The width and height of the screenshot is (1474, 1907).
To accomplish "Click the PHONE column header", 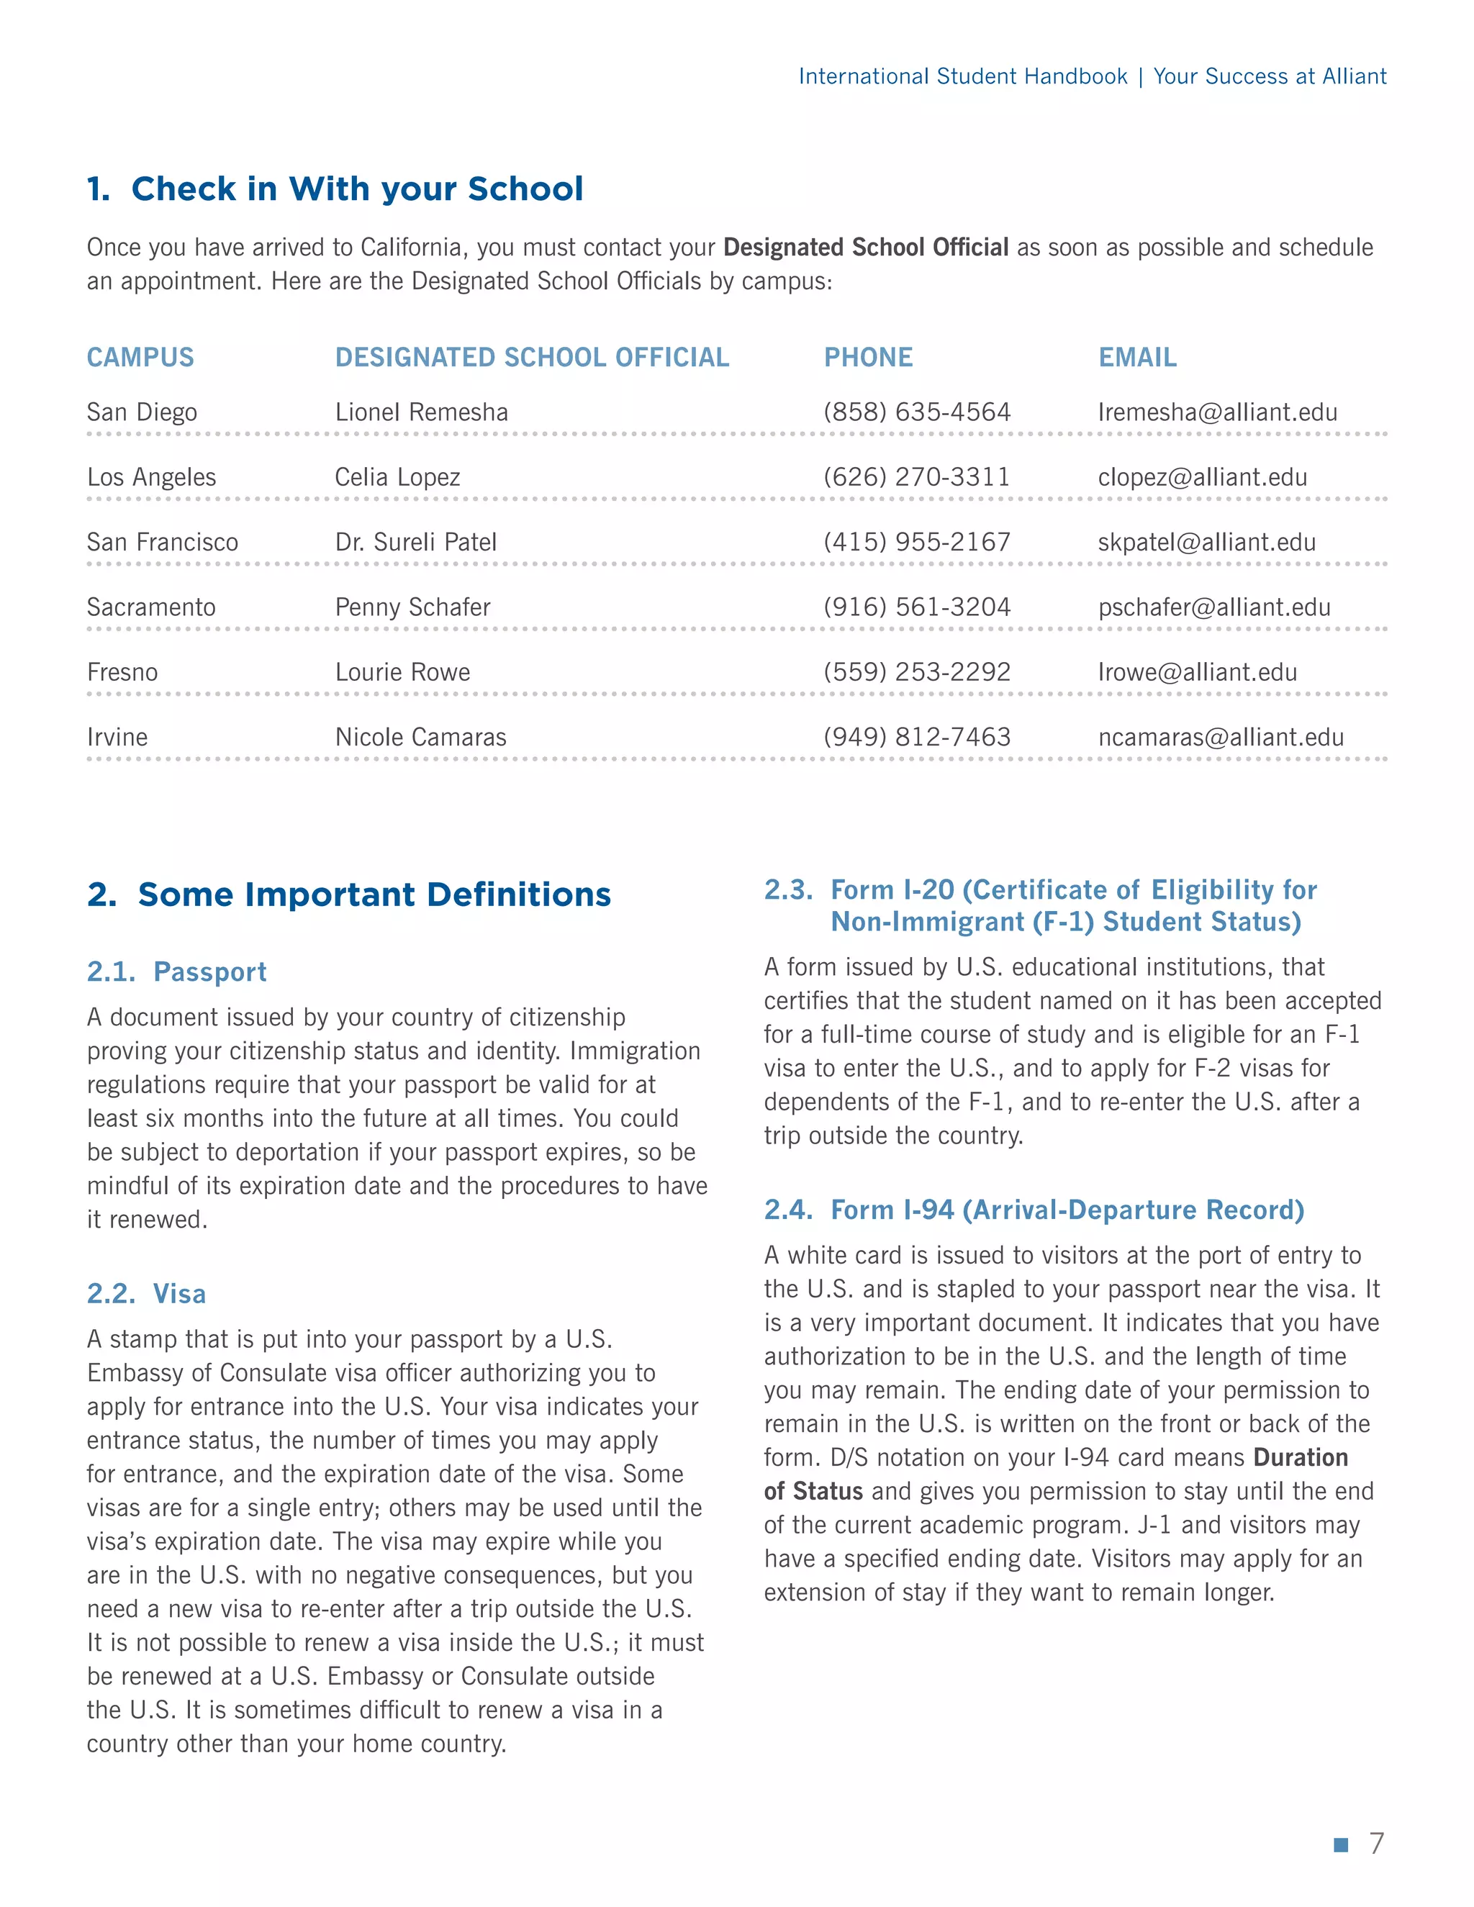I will point(868,357).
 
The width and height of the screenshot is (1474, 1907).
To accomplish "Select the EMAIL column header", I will point(1137,357).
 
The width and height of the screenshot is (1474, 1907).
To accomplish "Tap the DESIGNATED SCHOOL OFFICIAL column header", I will point(532,357).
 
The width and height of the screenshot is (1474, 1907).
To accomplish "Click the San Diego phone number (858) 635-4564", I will point(917,412).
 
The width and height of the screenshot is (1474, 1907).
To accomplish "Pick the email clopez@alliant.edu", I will point(1203,478).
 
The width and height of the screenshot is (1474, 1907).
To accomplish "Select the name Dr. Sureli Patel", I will point(416,543).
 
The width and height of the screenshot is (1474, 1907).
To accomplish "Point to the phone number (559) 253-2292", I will point(917,672).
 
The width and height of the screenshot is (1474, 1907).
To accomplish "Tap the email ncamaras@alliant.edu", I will point(1221,738).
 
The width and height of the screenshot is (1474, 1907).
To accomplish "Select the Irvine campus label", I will point(117,738).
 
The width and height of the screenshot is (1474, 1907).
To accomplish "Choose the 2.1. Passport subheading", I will point(177,971).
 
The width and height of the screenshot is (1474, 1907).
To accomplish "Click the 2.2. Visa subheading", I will point(147,1294).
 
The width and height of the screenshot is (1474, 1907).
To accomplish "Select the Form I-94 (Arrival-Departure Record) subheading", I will point(1034,1210).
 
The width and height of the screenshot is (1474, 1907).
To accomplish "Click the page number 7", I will point(1376,1843).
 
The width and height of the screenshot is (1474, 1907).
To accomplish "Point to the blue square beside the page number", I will point(1342,1844).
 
